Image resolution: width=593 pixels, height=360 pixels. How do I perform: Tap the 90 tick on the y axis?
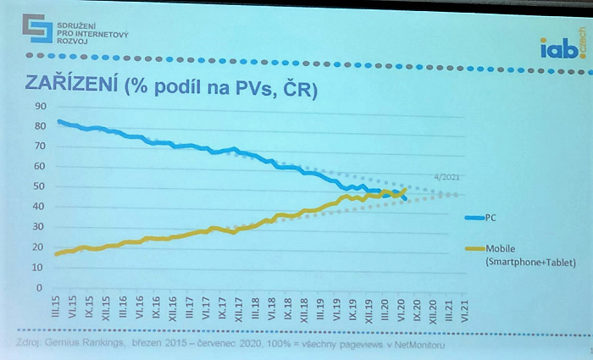pos(39,105)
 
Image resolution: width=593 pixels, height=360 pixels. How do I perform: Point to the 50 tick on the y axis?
pos(39,186)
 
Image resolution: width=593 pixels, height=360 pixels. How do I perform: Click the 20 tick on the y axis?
pos(39,247)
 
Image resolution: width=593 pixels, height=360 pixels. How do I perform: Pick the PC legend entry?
pos(490,218)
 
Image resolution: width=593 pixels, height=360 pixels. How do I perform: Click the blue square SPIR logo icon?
pos(38,30)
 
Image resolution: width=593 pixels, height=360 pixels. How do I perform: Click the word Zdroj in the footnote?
pos(31,344)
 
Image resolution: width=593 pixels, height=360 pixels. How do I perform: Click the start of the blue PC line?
pos(58,121)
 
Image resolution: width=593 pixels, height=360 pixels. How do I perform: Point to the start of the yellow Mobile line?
pos(57,254)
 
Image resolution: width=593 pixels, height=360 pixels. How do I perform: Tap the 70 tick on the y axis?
pos(39,146)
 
